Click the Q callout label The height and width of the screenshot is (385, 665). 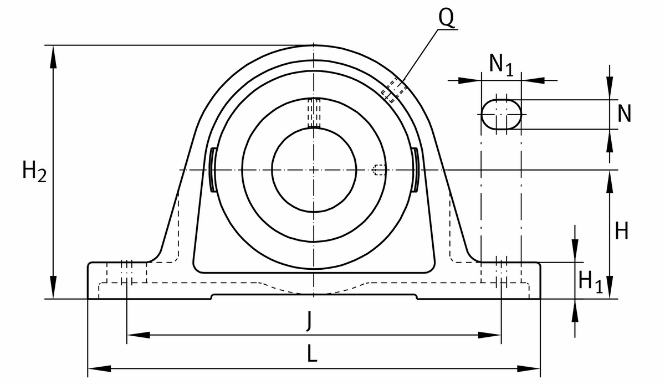pos(446,18)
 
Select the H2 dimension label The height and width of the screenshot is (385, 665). pos(34,171)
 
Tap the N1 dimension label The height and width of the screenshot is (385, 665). pos(501,65)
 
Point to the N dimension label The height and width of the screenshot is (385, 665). pos(624,114)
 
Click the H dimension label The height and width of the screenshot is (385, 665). pos(622,230)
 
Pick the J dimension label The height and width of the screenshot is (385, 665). pos(309,321)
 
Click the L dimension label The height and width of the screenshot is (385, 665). pos(312,353)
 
